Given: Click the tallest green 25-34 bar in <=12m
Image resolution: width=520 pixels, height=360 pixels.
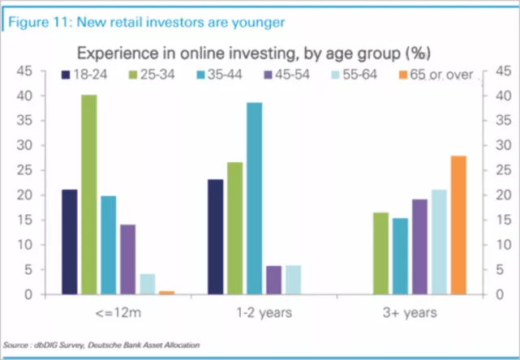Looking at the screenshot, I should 88,195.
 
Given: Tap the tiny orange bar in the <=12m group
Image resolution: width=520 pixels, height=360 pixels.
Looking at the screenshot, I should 166,292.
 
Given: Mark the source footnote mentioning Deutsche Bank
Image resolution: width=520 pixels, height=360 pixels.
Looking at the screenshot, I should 101,345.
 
